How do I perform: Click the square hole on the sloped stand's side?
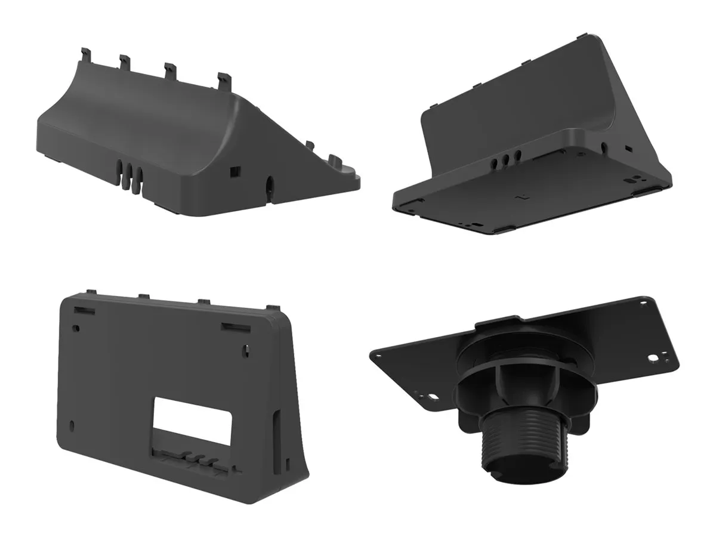233,171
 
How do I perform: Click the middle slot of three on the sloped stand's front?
131,177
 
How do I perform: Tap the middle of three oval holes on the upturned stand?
505,158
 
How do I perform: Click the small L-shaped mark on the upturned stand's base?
523,195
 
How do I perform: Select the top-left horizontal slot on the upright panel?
84,310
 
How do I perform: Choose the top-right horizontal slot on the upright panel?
233,326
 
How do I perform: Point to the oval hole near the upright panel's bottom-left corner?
73,425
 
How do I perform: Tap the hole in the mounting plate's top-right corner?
643,303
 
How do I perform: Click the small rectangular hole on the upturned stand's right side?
627,147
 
